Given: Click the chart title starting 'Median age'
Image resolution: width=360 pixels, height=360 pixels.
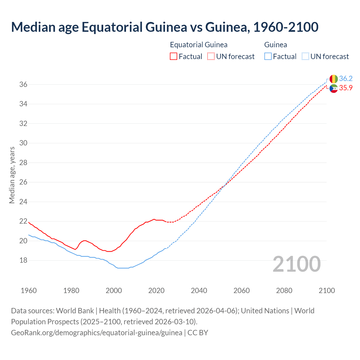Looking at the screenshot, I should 165,27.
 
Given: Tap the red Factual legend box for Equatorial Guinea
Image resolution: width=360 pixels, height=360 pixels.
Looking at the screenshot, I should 174,57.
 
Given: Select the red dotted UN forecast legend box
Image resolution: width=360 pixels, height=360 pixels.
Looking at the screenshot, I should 211,57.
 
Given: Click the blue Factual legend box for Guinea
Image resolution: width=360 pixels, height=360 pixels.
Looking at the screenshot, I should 268,57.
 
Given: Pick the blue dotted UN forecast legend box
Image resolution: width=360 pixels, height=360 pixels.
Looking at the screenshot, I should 305,57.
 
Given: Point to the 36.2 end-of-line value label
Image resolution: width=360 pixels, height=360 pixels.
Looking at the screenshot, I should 346,79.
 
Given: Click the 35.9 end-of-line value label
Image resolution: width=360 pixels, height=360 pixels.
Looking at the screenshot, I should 346,88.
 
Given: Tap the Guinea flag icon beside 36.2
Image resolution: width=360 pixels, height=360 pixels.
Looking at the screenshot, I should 334,79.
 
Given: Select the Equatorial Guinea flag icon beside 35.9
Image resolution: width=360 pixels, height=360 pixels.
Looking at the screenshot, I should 334,88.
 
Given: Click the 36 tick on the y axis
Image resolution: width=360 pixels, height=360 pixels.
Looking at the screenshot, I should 23,84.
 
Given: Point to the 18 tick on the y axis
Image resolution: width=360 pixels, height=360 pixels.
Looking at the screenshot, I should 23,260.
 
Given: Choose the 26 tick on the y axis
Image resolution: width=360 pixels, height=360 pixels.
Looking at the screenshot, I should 23,182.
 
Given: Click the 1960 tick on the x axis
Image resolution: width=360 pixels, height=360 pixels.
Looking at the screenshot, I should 29,291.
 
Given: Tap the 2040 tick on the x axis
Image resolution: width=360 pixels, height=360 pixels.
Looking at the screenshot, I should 199,291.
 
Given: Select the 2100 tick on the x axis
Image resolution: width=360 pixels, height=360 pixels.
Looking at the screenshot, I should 327,291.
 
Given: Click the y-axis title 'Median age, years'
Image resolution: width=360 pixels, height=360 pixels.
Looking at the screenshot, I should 12,175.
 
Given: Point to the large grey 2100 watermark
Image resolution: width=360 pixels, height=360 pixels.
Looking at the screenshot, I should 297,264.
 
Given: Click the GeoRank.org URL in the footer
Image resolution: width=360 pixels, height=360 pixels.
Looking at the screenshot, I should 96,333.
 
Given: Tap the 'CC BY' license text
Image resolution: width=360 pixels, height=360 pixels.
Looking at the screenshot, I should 198,333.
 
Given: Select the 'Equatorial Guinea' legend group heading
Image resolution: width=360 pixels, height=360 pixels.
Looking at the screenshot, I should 199,45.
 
